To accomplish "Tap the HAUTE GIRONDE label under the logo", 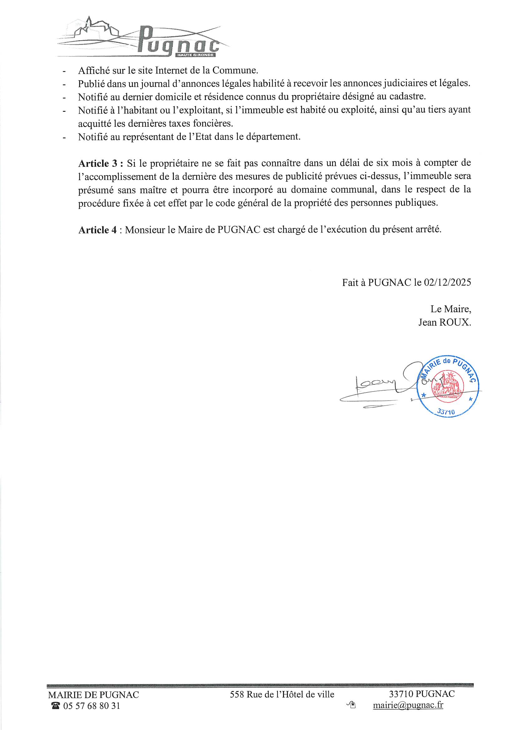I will [x=195, y=55].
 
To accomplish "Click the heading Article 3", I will [x=101, y=163].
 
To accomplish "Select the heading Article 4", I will [x=98, y=230].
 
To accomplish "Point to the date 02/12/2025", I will [x=447, y=282].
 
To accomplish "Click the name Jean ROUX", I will [x=445, y=323].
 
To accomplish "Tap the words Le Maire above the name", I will [x=450, y=309].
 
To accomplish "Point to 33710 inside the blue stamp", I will [x=446, y=412].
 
